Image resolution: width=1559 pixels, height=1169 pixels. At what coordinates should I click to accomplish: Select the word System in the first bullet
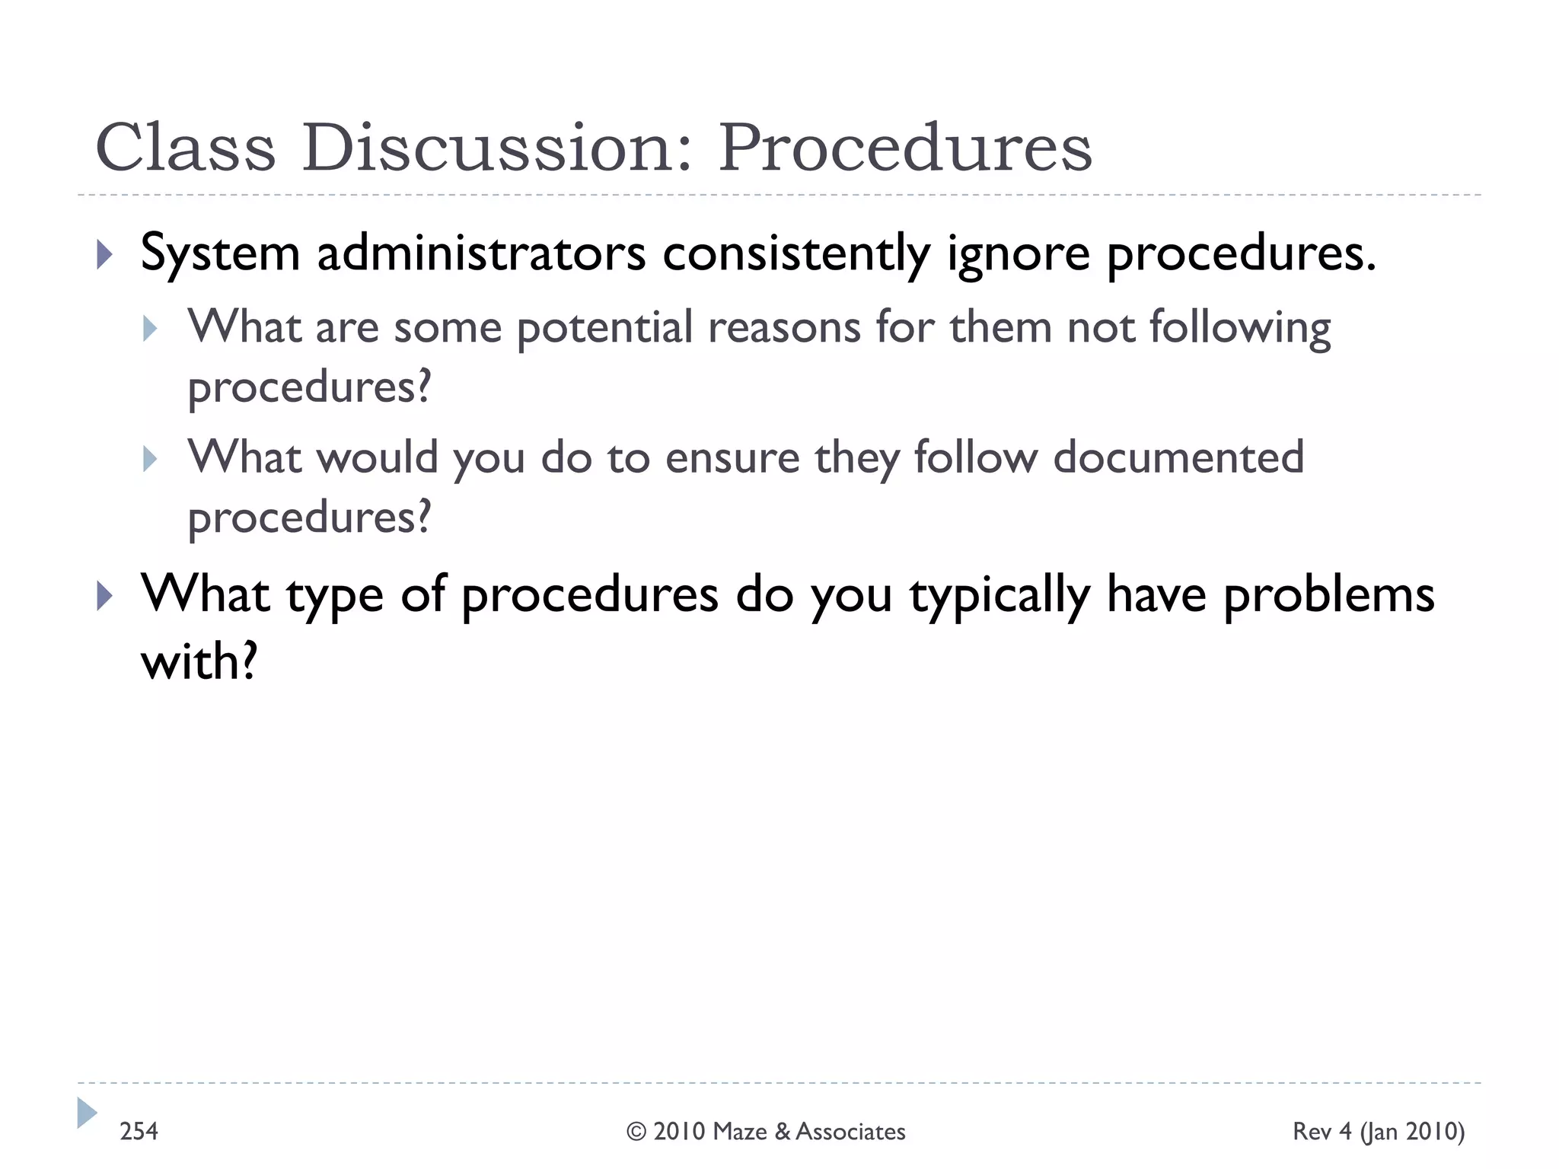click(221, 253)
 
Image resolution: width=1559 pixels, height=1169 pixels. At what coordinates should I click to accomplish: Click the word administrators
click(481, 253)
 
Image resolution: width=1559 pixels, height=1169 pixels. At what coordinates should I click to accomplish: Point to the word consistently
click(796, 253)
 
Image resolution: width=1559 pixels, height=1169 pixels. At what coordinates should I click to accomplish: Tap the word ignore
click(1019, 253)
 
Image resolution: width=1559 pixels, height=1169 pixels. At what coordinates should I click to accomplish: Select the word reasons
click(783, 328)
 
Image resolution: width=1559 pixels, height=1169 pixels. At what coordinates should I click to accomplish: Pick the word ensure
click(732, 458)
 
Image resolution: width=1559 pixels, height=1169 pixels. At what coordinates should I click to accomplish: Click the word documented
click(1178, 458)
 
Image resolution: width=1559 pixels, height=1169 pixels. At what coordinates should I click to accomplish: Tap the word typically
click(1000, 595)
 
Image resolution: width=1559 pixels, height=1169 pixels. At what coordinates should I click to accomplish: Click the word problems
click(1328, 595)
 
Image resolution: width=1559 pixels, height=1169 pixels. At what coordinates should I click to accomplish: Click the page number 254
click(139, 1132)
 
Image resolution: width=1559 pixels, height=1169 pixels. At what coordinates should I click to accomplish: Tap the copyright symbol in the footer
click(636, 1132)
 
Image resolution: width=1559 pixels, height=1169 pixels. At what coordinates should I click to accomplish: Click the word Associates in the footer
click(850, 1132)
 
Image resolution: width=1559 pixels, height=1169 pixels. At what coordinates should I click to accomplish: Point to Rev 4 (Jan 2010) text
click(1378, 1132)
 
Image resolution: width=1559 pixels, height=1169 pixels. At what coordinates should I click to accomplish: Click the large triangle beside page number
click(86, 1113)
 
